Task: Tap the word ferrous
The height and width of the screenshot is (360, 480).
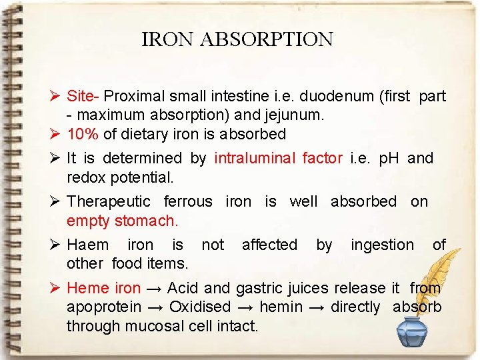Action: pyautogui.click(x=188, y=201)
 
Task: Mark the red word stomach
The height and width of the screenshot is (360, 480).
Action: pyautogui.click(x=147, y=220)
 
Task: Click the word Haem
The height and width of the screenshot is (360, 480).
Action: pyautogui.click(x=87, y=245)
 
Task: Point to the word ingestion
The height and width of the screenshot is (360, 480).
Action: pyautogui.click(x=382, y=245)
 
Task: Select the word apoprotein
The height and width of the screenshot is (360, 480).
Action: pyautogui.click(x=104, y=307)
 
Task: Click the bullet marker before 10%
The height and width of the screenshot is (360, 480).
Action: pyautogui.click(x=55, y=134)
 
